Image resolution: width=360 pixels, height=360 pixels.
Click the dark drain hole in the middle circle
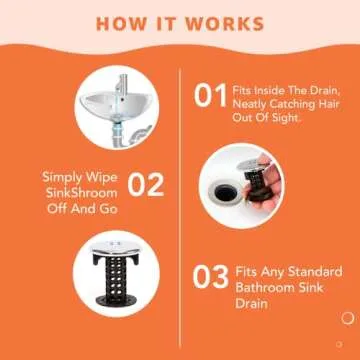pos(248,191)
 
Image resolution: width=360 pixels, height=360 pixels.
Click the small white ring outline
pos(346,345)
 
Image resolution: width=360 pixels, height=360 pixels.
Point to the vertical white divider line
pos(179,200)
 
